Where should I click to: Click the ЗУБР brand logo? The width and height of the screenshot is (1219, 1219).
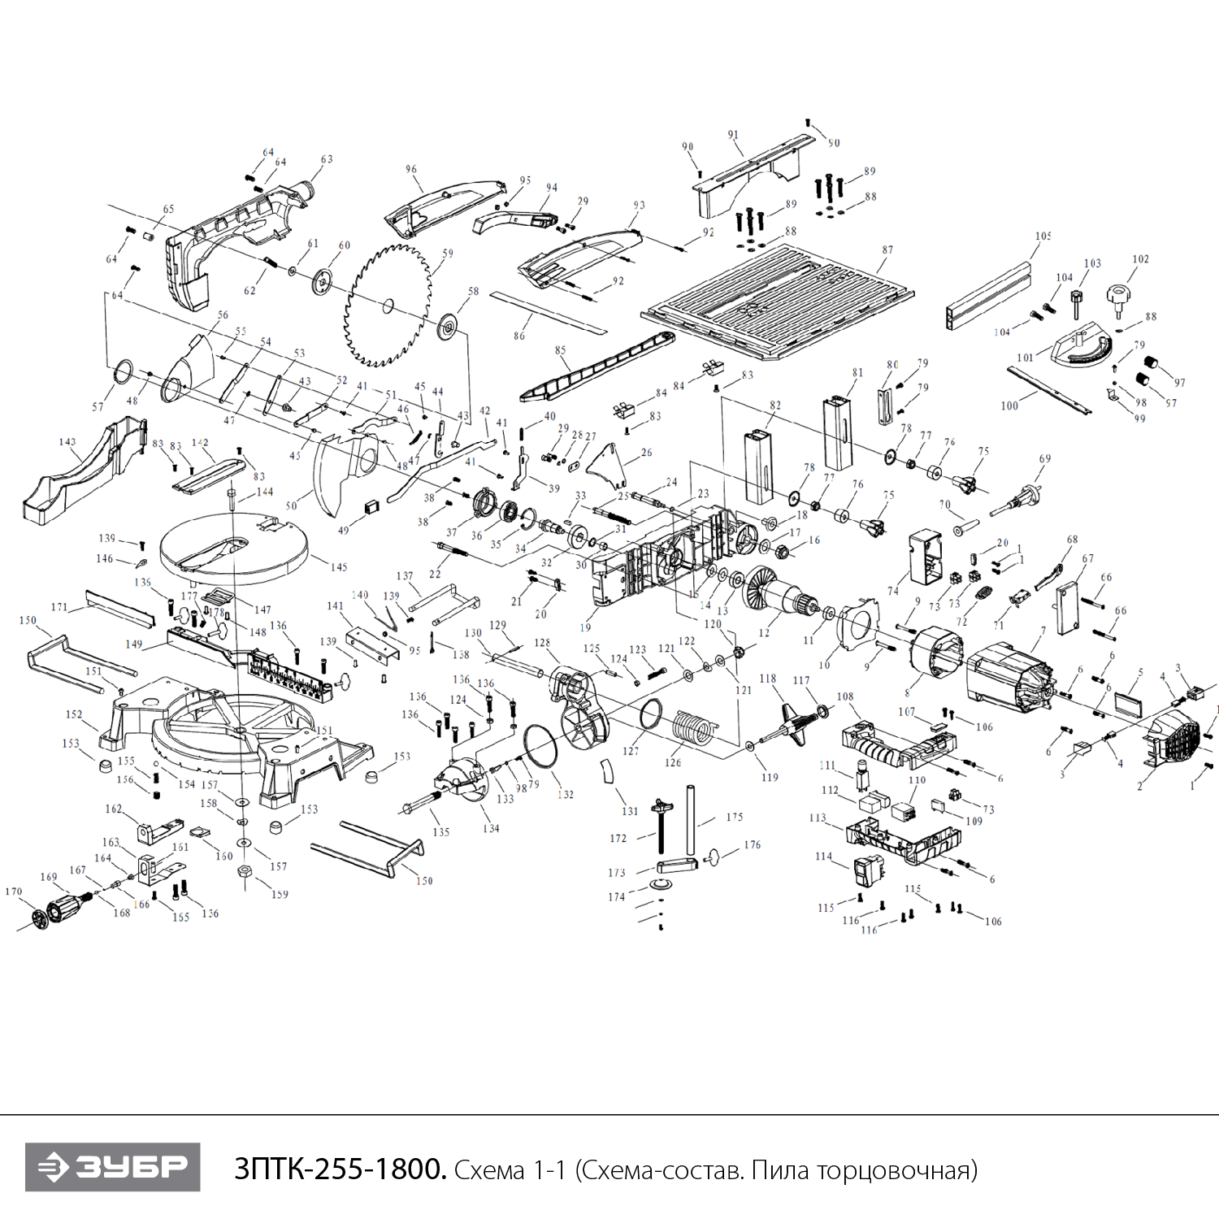112,1167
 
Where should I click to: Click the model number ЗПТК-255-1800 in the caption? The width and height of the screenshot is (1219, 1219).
340,1169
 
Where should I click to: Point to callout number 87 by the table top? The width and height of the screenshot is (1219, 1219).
887,250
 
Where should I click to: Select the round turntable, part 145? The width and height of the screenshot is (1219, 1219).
234,544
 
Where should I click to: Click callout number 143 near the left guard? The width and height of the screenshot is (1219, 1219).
67,442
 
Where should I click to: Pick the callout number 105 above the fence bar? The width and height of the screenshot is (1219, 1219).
1043,236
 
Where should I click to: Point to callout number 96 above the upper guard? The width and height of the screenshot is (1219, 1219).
411,170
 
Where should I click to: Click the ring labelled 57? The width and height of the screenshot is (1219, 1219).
124,372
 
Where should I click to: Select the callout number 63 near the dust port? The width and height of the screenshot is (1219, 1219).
327,160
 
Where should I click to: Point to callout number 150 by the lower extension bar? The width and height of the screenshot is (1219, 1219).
424,881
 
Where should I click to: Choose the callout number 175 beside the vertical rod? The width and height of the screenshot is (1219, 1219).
735,817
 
